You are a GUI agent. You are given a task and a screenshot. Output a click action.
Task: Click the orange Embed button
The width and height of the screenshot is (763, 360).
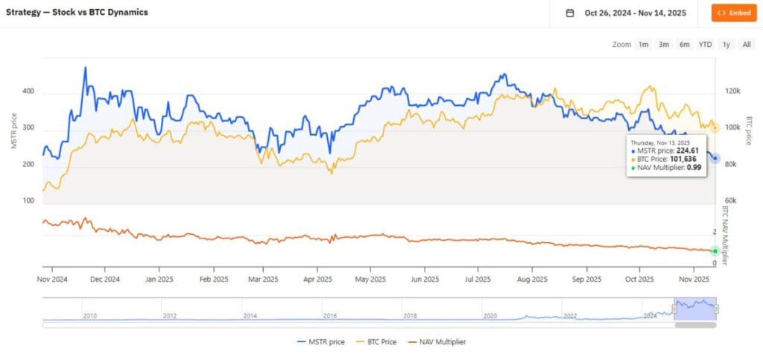(x=734, y=13)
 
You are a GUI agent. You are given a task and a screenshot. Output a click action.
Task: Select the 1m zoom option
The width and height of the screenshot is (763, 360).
(x=643, y=45)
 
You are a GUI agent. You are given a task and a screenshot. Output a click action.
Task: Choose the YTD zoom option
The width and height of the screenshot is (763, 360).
(x=705, y=45)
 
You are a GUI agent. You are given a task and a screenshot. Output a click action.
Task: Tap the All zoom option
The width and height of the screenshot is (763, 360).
(x=747, y=45)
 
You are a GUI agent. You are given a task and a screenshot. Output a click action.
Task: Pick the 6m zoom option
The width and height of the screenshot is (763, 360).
(x=684, y=45)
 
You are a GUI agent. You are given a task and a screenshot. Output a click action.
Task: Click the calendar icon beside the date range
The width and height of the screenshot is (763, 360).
(x=570, y=13)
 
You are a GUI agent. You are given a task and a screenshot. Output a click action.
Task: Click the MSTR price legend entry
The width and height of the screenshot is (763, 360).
(x=320, y=341)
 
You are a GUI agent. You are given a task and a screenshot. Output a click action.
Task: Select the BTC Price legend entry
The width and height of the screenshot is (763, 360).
(x=377, y=341)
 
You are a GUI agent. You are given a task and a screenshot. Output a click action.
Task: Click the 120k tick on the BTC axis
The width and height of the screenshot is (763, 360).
(x=732, y=91)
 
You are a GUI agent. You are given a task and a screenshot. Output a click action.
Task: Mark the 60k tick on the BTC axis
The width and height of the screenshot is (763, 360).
(x=732, y=201)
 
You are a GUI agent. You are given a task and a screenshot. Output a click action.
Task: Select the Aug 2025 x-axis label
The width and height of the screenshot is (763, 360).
(x=532, y=280)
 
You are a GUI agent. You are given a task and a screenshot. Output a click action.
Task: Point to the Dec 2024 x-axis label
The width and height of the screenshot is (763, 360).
(x=104, y=280)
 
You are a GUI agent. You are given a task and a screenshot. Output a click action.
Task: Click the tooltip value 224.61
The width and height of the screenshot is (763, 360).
(x=683, y=150)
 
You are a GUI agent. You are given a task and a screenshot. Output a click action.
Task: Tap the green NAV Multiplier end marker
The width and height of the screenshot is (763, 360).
(x=715, y=250)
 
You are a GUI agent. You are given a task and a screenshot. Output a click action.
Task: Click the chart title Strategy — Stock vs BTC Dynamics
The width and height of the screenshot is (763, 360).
(x=77, y=13)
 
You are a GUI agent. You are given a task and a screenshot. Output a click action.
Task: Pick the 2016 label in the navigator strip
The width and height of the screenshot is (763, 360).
(x=330, y=316)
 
